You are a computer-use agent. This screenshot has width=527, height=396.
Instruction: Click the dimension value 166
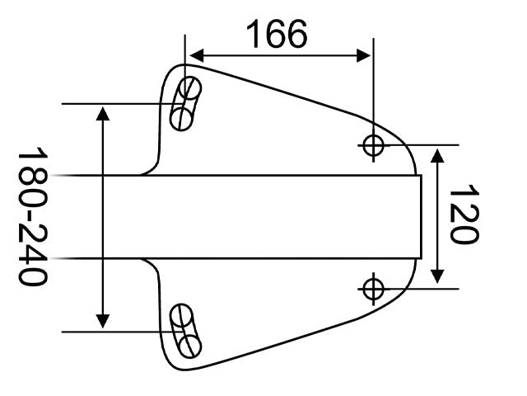point(277,34)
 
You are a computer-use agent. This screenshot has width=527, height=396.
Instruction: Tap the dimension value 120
point(464,214)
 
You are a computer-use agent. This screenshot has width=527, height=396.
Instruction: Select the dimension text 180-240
point(33,216)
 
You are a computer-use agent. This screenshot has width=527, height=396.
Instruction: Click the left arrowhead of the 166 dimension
point(197,55)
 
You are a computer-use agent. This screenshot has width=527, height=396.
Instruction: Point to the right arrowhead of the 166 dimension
point(363,55)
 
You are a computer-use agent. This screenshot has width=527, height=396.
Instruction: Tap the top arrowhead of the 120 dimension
point(437,156)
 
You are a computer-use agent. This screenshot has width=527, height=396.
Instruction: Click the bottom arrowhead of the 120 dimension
point(437,276)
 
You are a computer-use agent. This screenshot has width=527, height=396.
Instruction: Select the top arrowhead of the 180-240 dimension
point(102,113)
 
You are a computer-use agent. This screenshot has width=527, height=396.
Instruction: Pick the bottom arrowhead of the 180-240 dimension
point(102,321)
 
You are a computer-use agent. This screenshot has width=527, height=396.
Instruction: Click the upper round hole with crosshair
point(373,145)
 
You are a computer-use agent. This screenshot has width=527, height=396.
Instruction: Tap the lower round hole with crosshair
point(373,289)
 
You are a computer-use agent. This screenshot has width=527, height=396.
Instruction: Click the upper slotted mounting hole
point(185,103)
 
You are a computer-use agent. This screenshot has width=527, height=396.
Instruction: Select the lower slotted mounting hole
point(185,331)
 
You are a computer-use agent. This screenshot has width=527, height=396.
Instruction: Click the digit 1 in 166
point(254,34)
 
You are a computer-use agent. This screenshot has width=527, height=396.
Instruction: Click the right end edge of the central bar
point(422,217)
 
